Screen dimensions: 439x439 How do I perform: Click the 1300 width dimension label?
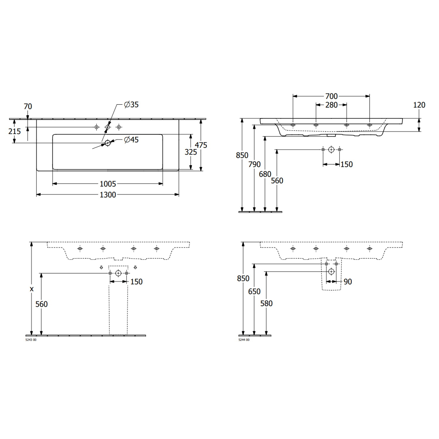pos(108,195)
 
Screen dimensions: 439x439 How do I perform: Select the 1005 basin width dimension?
pos(108,184)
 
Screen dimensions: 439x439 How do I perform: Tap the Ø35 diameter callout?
pos(131,104)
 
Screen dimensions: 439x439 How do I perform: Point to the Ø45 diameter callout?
pos(131,140)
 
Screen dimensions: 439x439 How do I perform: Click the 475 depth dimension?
pos(201,145)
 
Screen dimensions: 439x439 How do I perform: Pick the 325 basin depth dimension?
pos(191,152)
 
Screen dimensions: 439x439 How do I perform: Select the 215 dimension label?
pos(15,131)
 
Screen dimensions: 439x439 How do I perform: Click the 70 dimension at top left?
pos(28,107)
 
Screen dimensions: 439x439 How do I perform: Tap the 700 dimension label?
pos(331,96)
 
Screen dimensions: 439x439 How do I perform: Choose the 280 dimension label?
pos(331,105)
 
